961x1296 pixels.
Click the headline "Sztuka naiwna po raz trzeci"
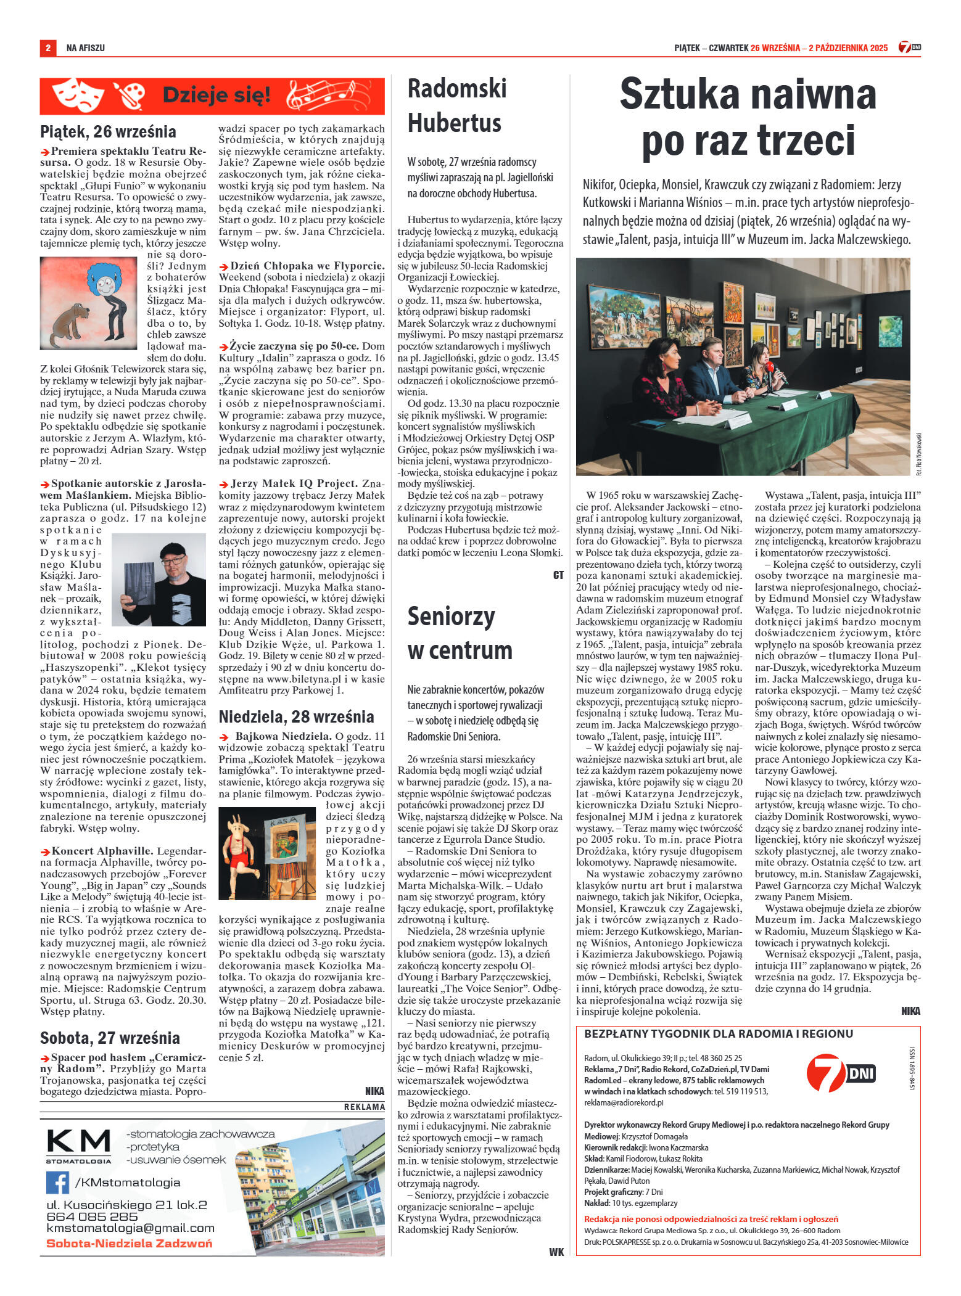coord(748,117)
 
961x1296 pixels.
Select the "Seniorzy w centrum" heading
coord(460,633)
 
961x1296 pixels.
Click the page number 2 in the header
coord(47,47)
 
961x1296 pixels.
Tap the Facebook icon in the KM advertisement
coord(57,1182)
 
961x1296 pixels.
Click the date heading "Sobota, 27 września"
coord(110,1037)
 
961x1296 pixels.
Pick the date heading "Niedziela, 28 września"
coord(296,717)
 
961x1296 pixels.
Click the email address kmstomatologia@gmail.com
coord(130,1228)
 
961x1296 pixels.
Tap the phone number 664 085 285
coord(92,1216)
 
